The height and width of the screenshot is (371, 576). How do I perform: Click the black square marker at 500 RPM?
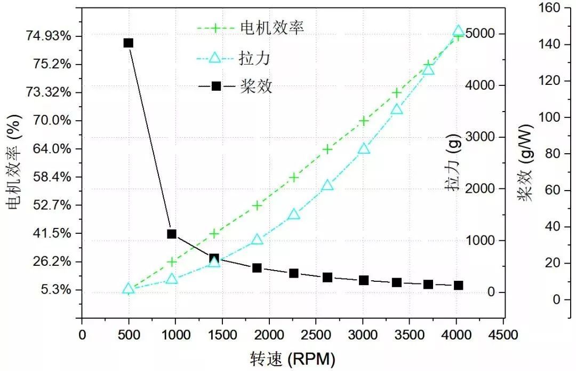pyautogui.click(x=128, y=43)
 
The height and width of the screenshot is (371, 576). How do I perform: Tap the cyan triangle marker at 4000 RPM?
pyautogui.click(x=458, y=31)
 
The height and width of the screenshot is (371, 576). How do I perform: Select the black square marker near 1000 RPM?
pyautogui.click(x=172, y=234)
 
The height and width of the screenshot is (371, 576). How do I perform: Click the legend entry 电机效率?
pyautogui.click(x=271, y=28)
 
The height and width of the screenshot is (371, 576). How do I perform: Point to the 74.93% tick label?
pyautogui.click(x=49, y=36)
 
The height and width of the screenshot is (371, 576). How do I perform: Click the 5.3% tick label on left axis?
pyautogui.click(x=55, y=290)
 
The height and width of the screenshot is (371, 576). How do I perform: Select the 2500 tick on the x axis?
pyautogui.click(x=316, y=335)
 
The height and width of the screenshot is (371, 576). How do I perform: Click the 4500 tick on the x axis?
pyautogui.click(x=504, y=335)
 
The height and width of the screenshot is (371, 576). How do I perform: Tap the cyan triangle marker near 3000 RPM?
pyautogui.click(x=364, y=148)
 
